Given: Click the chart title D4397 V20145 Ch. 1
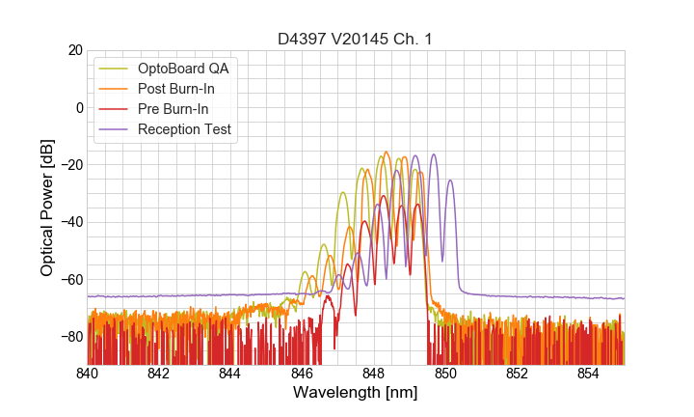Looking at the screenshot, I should pyautogui.click(x=356, y=39).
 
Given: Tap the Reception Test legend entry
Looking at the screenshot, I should pyautogui.click(x=191, y=129).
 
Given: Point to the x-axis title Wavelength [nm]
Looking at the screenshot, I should pyautogui.click(x=356, y=393).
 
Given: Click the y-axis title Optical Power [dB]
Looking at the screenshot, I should pyautogui.click(x=47, y=208).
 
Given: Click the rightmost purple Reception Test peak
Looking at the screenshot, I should pyautogui.click(x=450, y=181).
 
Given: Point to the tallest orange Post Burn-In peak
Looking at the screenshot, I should pyautogui.click(x=387, y=153).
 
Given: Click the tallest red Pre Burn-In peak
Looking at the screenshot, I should pyautogui.click(x=383, y=196).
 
